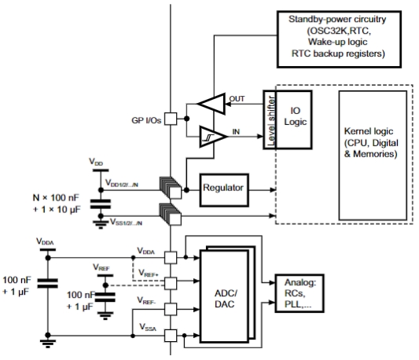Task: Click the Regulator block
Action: click(224, 190)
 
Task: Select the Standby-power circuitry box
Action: click(339, 39)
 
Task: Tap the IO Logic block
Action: click(294, 119)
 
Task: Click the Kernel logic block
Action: click(373, 156)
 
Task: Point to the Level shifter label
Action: click(271, 120)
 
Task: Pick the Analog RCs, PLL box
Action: click(300, 293)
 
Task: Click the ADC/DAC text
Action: click(226, 299)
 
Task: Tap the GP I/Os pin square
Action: click(171, 119)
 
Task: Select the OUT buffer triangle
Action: click(211, 104)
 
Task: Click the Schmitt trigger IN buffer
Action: click(213, 137)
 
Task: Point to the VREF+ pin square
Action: click(171, 283)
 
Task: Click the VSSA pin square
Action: click(171, 336)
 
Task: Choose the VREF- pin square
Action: click(171, 309)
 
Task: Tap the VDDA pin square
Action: click(171, 258)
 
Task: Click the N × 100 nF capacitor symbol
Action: click(101, 204)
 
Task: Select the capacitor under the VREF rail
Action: click(105, 297)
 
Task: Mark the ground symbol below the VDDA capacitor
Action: click(48, 343)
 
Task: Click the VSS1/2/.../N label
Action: click(126, 222)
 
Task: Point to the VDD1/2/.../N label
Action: click(122, 183)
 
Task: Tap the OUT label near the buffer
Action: click(237, 99)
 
